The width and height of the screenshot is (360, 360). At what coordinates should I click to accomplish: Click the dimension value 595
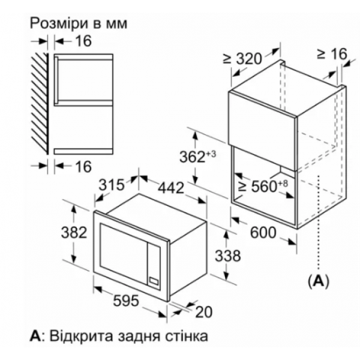point(126,301)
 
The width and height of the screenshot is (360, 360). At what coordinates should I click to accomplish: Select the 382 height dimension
point(74,232)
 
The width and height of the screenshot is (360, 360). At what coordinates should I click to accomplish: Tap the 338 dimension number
point(228,256)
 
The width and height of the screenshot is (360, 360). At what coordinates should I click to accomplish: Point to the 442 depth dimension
point(171,188)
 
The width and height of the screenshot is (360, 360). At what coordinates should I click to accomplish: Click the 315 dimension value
point(112,185)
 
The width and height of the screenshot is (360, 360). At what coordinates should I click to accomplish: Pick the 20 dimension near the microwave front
point(204,312)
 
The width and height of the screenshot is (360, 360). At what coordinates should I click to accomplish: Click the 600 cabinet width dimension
point(263,232)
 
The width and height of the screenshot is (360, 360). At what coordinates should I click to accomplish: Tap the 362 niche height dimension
point(197,157)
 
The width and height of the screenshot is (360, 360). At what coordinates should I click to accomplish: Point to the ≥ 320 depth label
point(242,59)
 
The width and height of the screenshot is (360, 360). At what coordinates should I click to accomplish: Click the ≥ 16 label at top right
point(332,54)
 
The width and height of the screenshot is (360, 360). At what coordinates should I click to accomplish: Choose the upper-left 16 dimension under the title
point(83,41)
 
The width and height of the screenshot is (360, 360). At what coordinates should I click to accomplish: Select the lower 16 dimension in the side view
point(83,166)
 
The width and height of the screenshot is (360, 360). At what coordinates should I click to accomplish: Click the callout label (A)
point(319,281)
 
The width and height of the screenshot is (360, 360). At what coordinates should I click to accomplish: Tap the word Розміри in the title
point(59,23)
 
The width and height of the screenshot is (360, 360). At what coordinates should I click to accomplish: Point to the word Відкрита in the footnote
point(81,336)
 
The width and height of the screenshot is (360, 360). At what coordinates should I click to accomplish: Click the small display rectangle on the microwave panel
point(154,281)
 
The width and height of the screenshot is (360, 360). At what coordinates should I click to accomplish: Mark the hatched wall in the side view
point(40,103)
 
